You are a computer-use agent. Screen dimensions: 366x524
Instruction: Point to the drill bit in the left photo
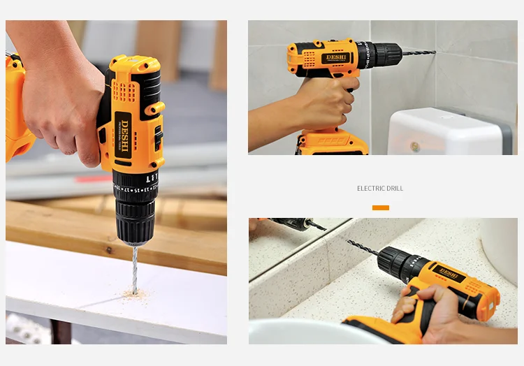point(133,269)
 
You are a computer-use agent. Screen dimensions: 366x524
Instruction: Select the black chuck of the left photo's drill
point(135,206)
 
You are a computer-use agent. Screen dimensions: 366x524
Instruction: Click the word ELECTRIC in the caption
point(370,189)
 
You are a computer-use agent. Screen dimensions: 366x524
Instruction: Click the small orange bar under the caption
point(380,207)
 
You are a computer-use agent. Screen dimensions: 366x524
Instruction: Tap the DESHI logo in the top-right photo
point(336,57)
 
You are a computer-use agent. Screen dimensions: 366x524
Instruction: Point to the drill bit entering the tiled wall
point(419,52)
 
